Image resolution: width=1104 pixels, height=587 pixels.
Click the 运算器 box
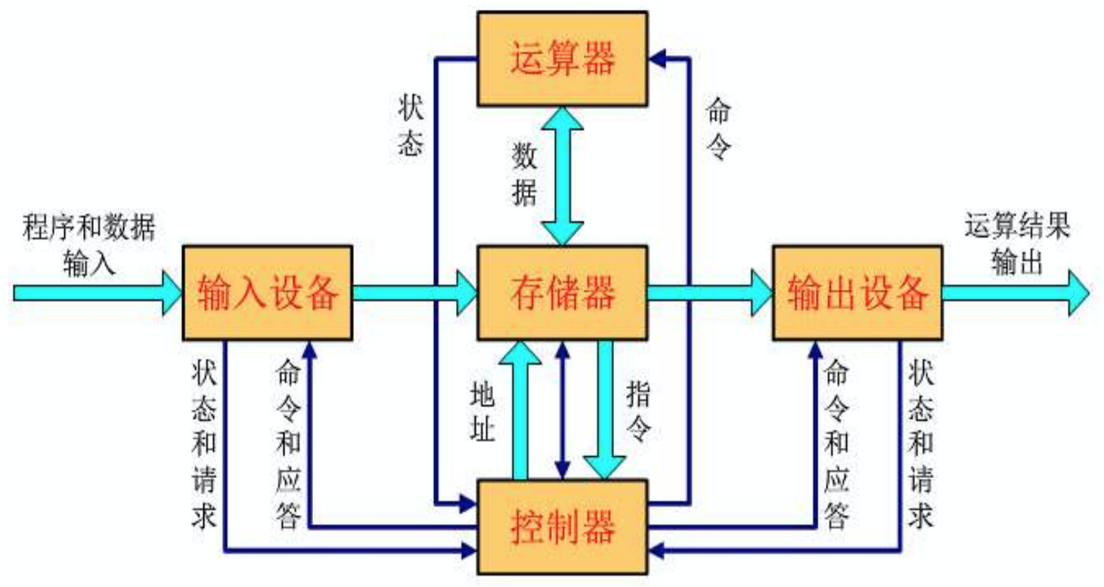(x=562, y=58)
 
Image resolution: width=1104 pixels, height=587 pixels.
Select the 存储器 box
(x=562, y=292)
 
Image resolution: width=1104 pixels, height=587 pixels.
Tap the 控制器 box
(x=562, y=524)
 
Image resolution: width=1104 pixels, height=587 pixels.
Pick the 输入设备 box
(x=268, y=292)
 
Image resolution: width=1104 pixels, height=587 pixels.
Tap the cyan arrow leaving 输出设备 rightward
(x=1013, y=292)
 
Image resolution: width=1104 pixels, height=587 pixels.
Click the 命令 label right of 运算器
(x=716, y=129)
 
